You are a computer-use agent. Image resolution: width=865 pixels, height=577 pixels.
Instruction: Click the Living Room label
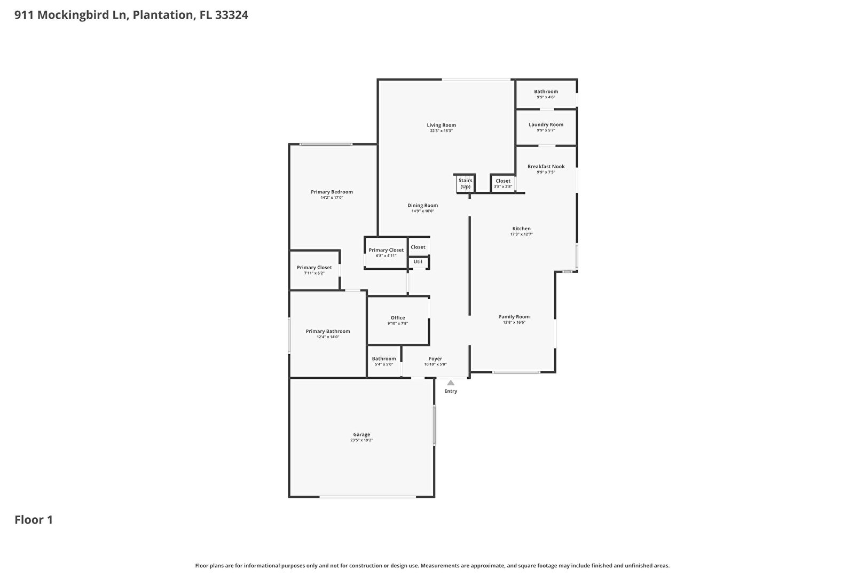[442, 125]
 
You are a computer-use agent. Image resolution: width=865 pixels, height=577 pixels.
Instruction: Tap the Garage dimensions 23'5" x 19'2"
[361, 440]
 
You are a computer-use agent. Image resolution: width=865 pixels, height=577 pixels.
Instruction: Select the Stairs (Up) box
[465, 183]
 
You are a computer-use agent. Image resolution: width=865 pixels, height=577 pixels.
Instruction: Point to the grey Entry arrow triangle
[451, 383]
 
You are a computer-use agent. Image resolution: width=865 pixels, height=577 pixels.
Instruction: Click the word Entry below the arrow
[451, 391]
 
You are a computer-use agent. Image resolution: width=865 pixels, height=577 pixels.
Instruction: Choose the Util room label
[418, 262]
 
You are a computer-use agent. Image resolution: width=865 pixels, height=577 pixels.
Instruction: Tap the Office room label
[398, 318]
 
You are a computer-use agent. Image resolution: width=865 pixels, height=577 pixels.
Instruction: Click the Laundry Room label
[546, 124]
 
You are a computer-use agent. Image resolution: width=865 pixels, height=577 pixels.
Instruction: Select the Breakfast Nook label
[546, 167]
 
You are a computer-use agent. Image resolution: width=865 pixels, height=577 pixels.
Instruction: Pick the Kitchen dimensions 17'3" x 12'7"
[521, 234]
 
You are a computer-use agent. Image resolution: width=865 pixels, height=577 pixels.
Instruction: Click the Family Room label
[514, 316]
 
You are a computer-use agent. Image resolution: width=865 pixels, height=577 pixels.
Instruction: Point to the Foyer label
[435, 358]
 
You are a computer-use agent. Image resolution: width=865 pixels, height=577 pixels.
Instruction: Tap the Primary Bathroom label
[328, 331]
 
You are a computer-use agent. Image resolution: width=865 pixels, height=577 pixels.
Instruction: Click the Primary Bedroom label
[332, 192]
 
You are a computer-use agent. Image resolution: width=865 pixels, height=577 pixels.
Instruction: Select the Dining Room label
[422, 205]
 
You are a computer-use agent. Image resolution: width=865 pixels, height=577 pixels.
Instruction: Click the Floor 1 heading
[34, 520]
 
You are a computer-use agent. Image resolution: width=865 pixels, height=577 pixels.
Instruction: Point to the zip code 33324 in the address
[232, 15]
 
